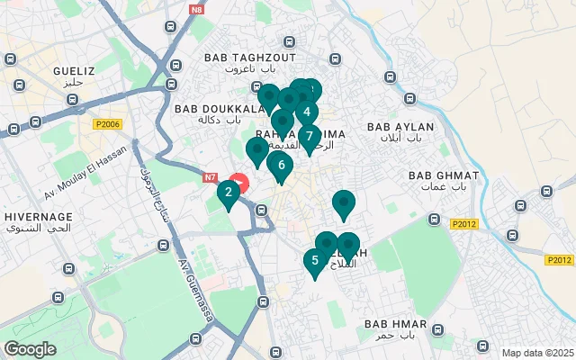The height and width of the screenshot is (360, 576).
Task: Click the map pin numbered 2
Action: (x=229, y=192)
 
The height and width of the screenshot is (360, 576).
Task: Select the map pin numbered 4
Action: (x=307, y=112)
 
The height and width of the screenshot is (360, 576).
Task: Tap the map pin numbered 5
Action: (x=315, y=261)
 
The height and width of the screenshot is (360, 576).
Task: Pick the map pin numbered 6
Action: (x=281, y=166)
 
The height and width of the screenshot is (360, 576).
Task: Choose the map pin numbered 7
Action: (x=310, y=137)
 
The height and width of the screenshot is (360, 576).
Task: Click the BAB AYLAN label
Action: (x=400, y=128)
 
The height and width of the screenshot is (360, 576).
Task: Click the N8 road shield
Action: (x=198, y=10)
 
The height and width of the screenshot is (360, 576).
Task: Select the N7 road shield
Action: (x=211, y=178)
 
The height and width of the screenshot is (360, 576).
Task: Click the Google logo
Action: (x=30, y=349)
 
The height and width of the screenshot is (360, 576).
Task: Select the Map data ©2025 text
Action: (x=537, y=353)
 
